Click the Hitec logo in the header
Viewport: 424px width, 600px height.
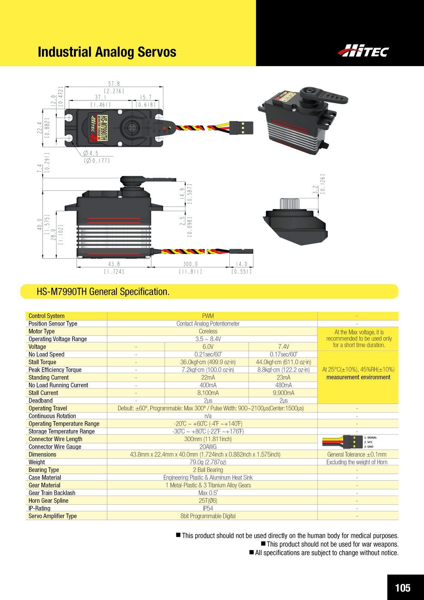[363, 50]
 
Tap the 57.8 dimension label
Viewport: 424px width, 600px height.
[114, 84]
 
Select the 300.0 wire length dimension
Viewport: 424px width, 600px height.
[190, 264]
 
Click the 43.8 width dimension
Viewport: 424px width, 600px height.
[114, 264]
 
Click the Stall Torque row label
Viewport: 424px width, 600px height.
[42, 362]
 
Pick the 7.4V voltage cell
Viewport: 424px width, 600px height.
[283, 346]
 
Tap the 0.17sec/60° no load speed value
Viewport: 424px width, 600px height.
[283, 354]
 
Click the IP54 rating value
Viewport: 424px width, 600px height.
[208, 508]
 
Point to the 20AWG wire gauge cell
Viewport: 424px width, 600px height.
[208, 447]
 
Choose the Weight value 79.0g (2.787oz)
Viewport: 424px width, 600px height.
[208, 462]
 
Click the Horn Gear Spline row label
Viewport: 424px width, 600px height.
[48, 501]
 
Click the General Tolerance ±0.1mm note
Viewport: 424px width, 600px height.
[357, 454]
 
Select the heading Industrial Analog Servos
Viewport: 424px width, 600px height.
[107, 52]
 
